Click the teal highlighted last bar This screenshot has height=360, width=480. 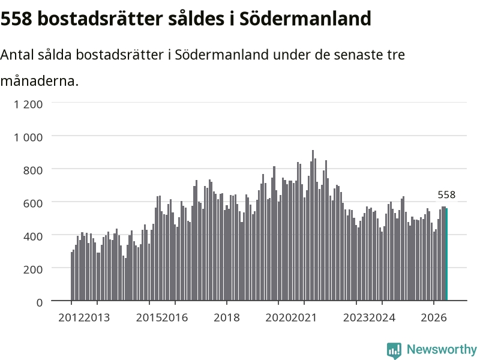point(446,254)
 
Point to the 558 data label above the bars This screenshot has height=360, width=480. point(446,194)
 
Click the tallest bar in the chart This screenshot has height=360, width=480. point(313,226)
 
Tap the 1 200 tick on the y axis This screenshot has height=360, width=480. point(28,104)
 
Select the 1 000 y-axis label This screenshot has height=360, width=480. point(28,137)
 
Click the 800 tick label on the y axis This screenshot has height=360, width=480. point(33,170)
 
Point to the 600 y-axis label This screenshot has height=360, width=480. point(33,203)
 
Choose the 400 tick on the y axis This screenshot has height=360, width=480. point(33,236)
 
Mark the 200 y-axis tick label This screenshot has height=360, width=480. point(33,269)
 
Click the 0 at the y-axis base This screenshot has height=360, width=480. point(40,303)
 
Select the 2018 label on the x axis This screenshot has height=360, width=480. point(227,318)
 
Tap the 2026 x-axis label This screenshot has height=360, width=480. point(434,318)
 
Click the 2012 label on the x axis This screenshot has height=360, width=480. point(71,318)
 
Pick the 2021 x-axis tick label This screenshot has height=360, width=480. point(304,318)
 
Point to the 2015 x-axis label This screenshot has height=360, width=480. point(149,318)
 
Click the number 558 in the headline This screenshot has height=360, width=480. point(17,19)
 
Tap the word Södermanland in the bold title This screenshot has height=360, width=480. point(305,19)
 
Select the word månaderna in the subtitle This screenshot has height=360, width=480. point(40,82)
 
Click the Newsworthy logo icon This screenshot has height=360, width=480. point(394,350)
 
